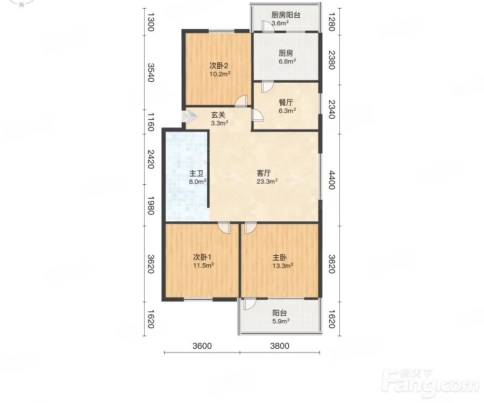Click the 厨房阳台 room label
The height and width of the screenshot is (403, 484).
coord(286,19)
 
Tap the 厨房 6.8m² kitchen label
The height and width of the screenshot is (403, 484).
coord(287,57)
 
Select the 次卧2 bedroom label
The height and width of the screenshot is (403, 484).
coord(220,70)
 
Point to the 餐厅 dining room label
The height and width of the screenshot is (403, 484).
coord(287,106)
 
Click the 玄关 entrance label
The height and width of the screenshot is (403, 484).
coord(219,119)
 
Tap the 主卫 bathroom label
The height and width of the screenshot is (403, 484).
coord(197,177)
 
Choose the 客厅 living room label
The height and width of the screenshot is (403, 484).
coord(267,177)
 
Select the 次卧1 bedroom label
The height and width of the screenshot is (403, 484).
coord(203,261)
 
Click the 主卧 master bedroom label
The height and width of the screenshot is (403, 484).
coord(282,261)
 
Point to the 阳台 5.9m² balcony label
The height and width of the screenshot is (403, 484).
coord(281,317)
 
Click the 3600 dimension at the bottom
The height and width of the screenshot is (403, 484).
coord(202,346)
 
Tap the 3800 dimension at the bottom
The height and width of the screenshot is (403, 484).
coord(280,346)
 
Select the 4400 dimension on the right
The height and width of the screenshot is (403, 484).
coord(331,180)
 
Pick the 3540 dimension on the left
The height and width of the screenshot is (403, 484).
coord(151,73)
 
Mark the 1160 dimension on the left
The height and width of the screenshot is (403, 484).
coord(151,122)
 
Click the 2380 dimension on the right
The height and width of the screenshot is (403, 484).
coord(331,60)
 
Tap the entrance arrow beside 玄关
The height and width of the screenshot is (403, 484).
coord(189,116)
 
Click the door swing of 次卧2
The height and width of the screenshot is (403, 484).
coord(241,101)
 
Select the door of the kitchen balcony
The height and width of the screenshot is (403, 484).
coord(268,26)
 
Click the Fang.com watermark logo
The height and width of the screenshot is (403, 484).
coord(430,383)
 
